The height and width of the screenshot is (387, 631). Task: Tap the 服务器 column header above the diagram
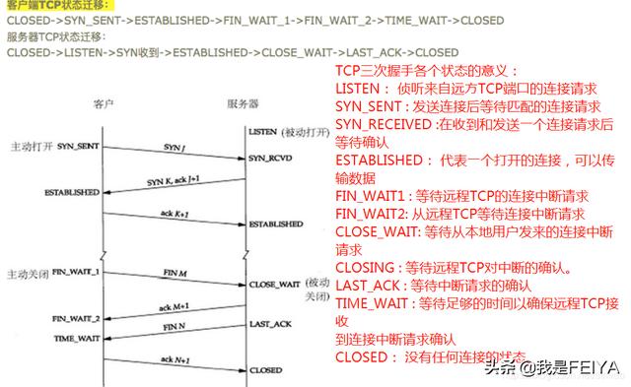coord(243,102)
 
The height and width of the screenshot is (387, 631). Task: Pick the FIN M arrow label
coord(176,270)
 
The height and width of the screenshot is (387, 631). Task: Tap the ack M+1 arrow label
coord(176,306)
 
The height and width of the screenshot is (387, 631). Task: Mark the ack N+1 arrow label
coord(176,359)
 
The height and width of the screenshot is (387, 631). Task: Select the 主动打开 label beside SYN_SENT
coord(32,146)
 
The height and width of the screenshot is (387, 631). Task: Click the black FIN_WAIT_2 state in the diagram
coord(76,319)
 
